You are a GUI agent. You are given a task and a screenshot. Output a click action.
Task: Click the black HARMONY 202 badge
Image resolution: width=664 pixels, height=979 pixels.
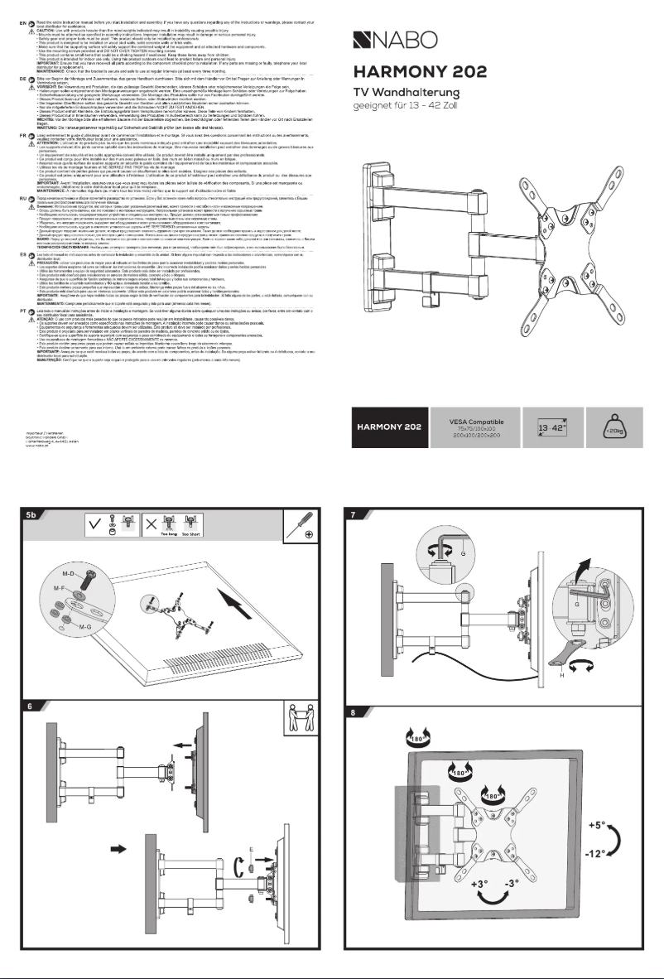(x=390, y=427)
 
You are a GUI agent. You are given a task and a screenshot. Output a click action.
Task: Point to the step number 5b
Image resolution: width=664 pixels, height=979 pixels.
(x=31, y=514)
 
